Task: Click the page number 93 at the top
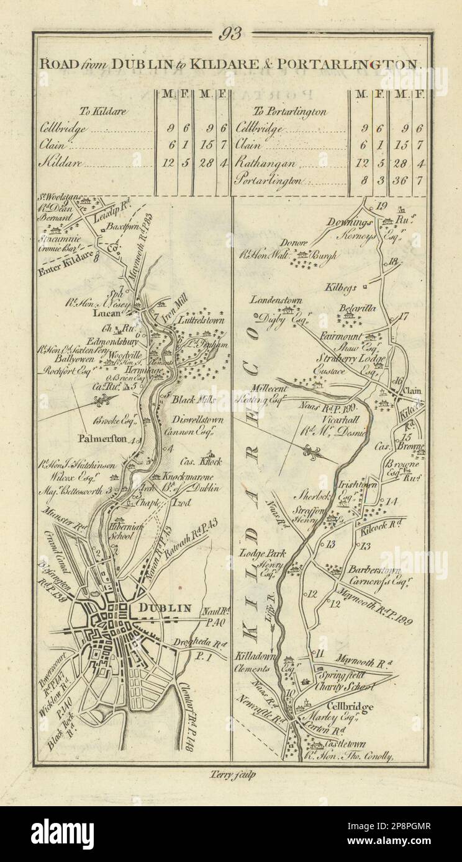pos(231,35)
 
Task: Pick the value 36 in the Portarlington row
pos(402,181)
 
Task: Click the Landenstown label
pos(276,300)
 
